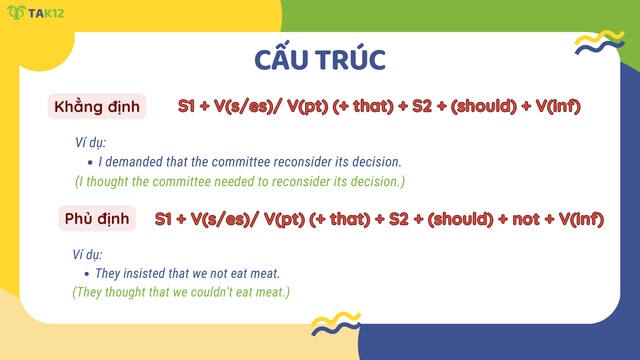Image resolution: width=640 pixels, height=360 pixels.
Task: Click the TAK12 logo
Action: [x=35, y=12]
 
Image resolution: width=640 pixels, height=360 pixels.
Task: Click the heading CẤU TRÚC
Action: [x=319, y=60]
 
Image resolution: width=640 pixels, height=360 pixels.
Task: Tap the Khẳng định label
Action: [x=97, y=107]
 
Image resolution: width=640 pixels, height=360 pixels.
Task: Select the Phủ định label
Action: [x=97, y=218]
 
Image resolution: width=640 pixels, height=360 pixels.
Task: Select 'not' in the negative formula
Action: [x=526, y=219]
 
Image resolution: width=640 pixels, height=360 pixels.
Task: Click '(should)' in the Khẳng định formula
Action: [x=484, y=106]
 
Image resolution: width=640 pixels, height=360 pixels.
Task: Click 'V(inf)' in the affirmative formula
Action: [x=558, y=106]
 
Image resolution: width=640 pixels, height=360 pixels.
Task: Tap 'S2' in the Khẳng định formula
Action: [x=421, y=106]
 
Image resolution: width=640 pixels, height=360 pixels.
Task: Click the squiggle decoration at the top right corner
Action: [x=599, y=43]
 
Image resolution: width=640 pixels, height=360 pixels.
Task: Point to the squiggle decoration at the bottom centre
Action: [x=336, y=324]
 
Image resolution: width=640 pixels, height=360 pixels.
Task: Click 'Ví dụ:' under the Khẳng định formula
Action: [x=91, y=143]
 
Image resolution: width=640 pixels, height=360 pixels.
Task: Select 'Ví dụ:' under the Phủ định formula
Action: [x=88, y=255]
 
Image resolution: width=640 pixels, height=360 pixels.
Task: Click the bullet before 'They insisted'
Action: [x=87, y=274]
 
